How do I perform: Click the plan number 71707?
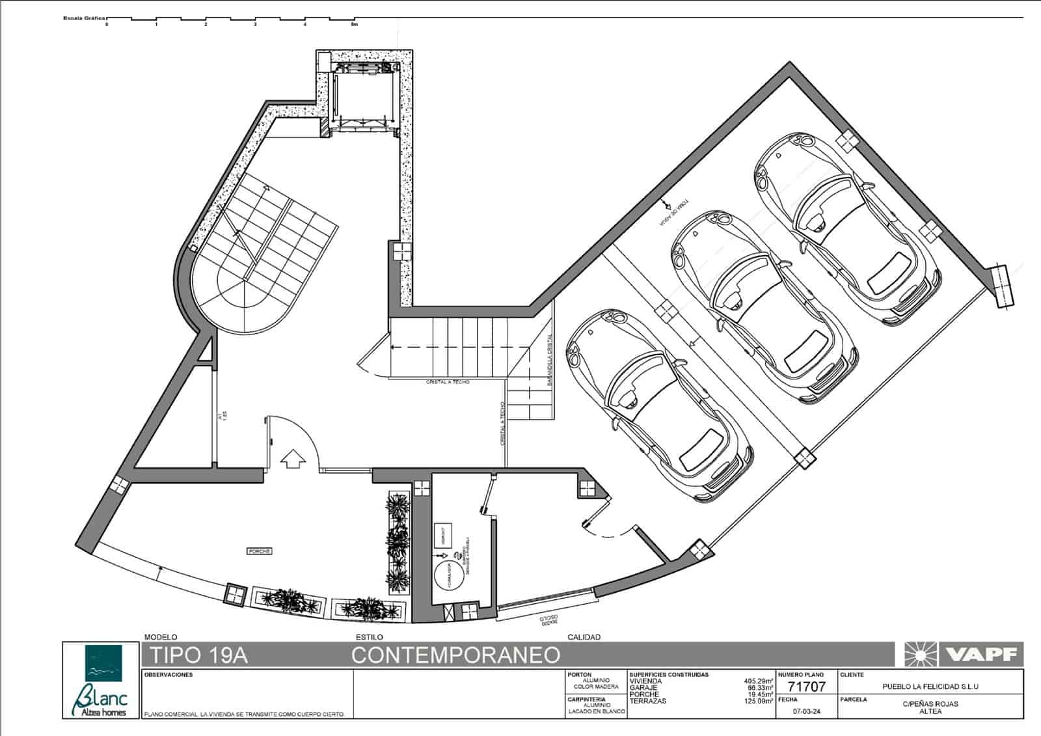[806, 687]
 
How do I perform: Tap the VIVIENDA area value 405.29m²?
[759, 681]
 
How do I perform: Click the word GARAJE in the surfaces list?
[643, 688]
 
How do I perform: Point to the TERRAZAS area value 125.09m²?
[759, 701]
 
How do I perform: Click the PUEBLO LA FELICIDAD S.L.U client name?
[930, 687]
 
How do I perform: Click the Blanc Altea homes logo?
[101, 681]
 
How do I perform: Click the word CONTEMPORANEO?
[455, 655]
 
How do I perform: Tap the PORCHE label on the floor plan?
[260, 551]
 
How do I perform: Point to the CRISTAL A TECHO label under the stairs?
[448, 382]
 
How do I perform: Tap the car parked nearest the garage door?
[657, 403]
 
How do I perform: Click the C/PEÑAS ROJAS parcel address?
[930, 703]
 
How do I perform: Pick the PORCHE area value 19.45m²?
[760, 694]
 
